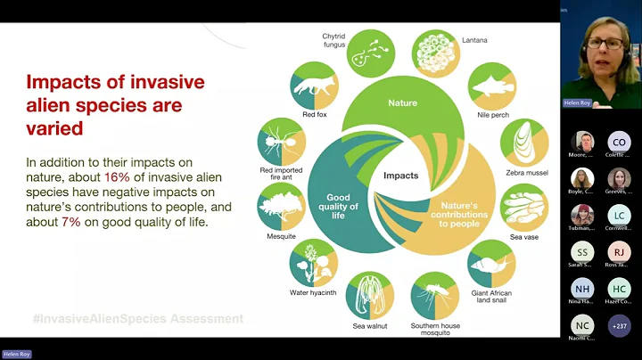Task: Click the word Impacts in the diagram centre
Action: tap(402, 176)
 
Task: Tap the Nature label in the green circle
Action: tap(402, 103)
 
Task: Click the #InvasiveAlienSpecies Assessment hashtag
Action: tap(138, 318)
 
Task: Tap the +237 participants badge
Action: tap(619, 326)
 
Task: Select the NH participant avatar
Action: tap(582, 290)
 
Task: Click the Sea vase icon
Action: tap(523, 207)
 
